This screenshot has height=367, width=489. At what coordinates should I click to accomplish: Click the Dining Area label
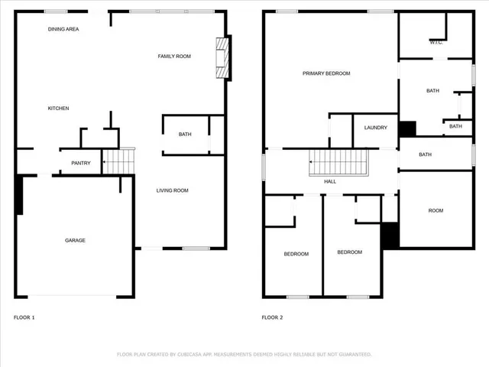[x=63, y=29]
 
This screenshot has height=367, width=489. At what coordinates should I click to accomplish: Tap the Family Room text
[x=173, y=57]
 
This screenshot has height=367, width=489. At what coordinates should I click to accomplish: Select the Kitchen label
[x=59, y=109]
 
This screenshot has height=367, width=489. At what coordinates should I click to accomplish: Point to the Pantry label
[x=81, y=163]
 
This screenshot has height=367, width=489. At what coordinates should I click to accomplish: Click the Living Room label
[x=172, y=190]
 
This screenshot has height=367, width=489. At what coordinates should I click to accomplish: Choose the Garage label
[x=75, y=240]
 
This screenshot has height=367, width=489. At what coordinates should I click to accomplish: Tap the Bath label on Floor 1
[x=185, y=135]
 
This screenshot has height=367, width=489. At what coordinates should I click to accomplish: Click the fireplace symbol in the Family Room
[x=222, y=58]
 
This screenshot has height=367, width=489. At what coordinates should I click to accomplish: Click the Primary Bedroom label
[x=326, y=73]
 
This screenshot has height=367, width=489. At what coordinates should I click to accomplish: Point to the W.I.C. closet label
[x=436, y=43]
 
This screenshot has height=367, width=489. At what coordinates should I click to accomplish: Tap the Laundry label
[x=375, y=128]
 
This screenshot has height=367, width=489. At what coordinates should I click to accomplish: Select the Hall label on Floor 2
[x=330, y=182]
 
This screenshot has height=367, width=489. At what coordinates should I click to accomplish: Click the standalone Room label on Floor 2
[x=436, y=210]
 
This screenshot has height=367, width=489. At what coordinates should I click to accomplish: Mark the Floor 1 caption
[x=24, y=317]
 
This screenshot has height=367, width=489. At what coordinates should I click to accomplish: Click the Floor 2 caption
[x=272, y=317]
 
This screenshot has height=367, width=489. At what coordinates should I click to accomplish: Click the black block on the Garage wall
[x=19, y=196]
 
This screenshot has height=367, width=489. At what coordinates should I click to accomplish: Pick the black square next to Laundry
[x=406, y=128]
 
